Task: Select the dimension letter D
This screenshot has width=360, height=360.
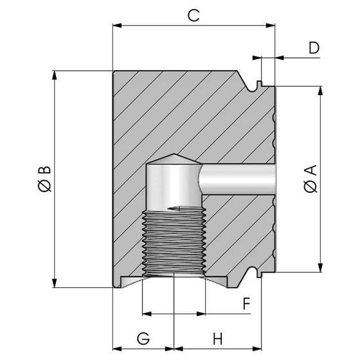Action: pos(314,48)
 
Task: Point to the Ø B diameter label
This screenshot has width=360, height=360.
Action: pos(44,179)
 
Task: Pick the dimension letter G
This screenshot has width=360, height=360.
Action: pos(143,337)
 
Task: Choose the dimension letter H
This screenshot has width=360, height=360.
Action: pos(217,337)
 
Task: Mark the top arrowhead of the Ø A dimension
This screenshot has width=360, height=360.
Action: pos(319,91)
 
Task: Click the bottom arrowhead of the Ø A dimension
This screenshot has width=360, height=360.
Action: pos(319,267)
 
